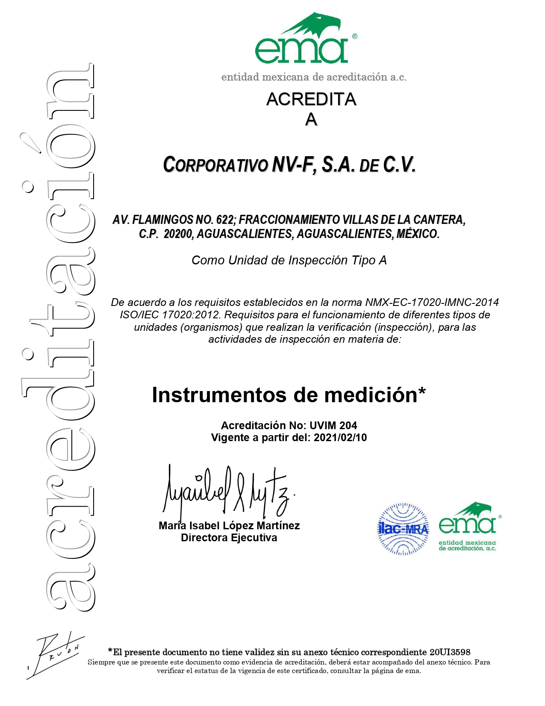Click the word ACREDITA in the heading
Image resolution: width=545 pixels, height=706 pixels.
tap(311, 99)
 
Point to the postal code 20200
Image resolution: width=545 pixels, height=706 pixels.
tap(178, 234)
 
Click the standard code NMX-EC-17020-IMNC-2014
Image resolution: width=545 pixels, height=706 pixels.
tap(432, 303)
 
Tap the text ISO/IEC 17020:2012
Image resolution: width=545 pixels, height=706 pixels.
tap(170, 315)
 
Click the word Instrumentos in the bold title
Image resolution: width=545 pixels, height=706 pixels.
tap(220, 395)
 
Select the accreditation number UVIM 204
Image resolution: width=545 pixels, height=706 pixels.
tap(333, 425)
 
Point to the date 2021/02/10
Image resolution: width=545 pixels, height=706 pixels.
tap(340, 438)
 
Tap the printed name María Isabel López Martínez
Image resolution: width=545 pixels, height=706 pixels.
tap(229, 525)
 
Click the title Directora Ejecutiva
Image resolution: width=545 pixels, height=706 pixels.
tap(229, 538)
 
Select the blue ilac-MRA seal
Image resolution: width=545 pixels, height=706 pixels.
tap(403, 529)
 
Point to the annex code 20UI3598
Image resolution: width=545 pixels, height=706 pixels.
tap(450, 652)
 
